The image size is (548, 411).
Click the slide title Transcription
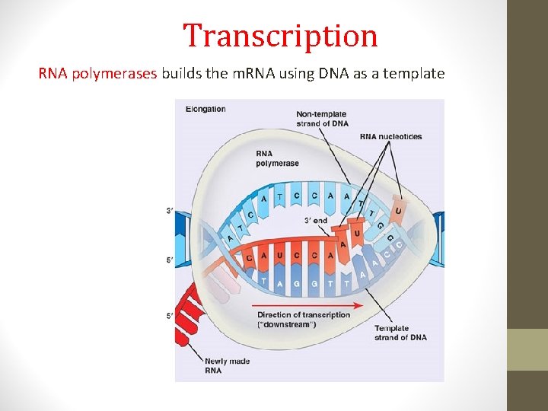point(280,36)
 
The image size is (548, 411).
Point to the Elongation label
point(205,109)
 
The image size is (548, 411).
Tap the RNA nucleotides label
point(390,137)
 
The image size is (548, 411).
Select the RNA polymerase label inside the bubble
point(277,158)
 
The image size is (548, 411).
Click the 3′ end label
point(315,221)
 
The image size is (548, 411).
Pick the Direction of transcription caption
point(304,314)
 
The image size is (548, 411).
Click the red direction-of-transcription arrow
point(304,305)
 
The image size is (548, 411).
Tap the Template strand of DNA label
point(400,333)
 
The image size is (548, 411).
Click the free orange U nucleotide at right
point(397,209)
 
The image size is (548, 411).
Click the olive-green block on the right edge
point(527,349)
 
